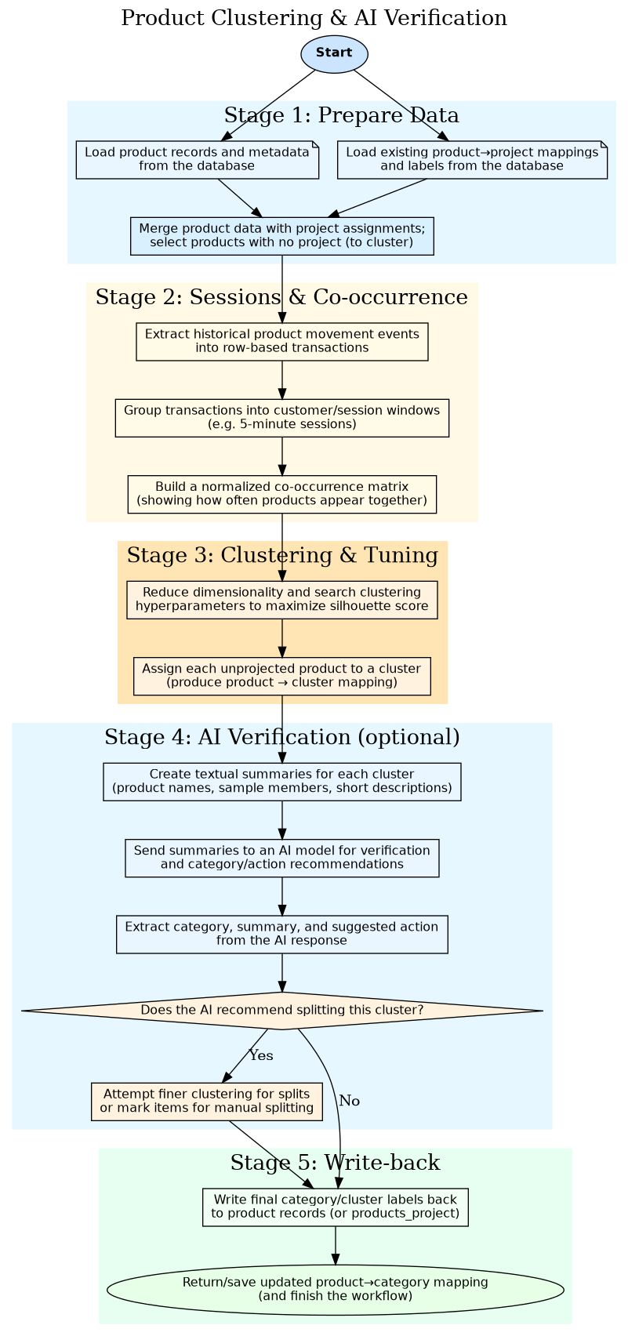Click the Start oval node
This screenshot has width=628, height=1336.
click(x=334, y=53)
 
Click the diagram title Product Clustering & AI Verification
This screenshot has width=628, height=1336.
click(x=314, y=18)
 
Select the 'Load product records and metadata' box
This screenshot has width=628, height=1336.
click(x=197, y=159)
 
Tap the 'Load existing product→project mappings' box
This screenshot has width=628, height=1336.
click(x=472, y=159)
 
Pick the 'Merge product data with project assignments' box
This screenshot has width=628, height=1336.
click(x=281, y=235)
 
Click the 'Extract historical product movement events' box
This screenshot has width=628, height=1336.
click(x=281, y=341)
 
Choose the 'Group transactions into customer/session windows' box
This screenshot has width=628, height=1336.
click(x=281, y=417)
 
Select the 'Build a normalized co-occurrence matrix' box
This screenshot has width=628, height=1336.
click(x=281, y=494)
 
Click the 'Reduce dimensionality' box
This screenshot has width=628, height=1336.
click(x=281, y=600)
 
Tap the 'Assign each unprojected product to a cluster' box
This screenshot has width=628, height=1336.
click(x=281, y=676)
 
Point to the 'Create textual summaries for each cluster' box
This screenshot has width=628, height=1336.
click(x=281, y=782)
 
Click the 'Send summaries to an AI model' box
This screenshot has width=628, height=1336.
click(x=281, y=858)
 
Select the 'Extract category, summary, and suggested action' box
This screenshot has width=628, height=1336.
click(x=281, y=934)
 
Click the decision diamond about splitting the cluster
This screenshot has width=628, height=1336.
click(x=281, y=1011)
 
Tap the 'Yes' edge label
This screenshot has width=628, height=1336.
click(x=261, y=1055)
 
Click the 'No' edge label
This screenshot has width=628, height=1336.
click(x=350, y=1101)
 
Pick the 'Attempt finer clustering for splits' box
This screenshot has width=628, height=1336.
click(x=206, y=1101)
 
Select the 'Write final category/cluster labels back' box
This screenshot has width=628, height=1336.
click(x=336, y=1207)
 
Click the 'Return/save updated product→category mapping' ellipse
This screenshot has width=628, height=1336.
click(x=336, y=1288)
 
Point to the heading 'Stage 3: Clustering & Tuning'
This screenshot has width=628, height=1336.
click(x=282, y=555)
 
